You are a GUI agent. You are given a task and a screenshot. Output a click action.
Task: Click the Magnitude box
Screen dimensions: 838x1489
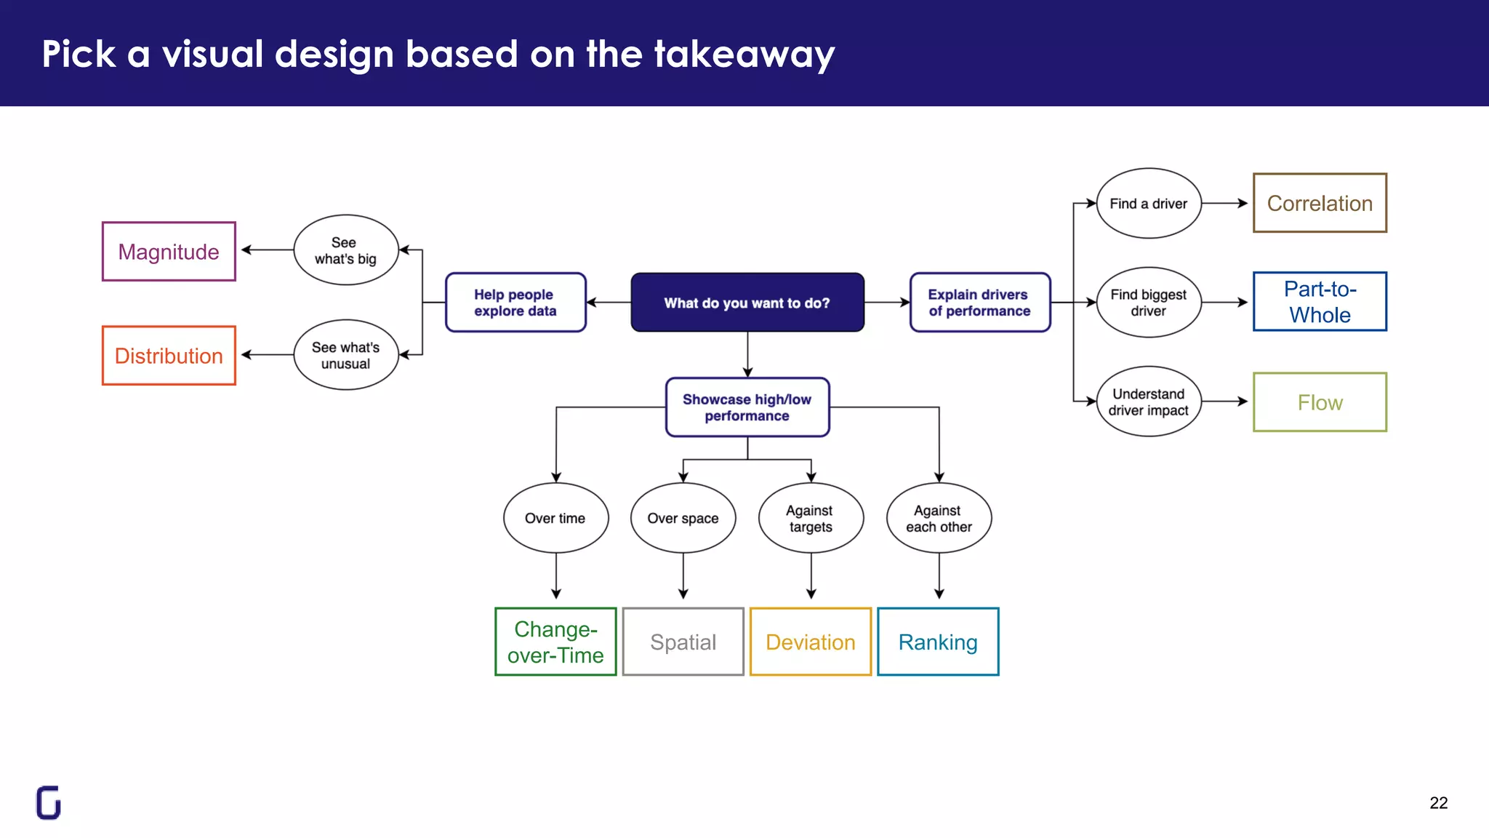(x=169, y=252)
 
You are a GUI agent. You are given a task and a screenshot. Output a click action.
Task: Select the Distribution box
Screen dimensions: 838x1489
(x=169, y=356)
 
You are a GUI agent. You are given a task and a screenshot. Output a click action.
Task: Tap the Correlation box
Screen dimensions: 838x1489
(x=1320, y=204)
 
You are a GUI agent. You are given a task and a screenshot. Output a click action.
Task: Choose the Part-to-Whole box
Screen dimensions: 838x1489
(x=1320, y=302)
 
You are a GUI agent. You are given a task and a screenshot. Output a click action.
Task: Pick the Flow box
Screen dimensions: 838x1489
(x=1320, y=402)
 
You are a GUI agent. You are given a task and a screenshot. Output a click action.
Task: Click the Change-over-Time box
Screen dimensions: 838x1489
(x=555, y=642)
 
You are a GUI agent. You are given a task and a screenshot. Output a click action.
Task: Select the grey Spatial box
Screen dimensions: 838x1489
(x=683, y=642)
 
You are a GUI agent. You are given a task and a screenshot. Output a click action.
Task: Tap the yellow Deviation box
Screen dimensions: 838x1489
(x=811, y=642)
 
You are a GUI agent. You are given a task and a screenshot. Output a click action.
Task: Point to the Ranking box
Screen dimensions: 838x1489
(x=938, y=642)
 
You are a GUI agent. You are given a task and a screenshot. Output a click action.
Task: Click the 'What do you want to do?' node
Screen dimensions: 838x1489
(x=747, y=303)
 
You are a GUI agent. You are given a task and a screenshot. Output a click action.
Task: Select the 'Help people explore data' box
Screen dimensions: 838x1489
(x=515, y=303)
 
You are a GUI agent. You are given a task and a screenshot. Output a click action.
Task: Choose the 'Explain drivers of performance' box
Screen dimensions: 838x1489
(x=979, y=303)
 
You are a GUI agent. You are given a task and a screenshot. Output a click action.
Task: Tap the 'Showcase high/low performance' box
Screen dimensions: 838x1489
(x=747, y=407)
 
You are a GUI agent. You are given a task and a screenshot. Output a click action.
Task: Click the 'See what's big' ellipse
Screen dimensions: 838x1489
(x=346, y=250)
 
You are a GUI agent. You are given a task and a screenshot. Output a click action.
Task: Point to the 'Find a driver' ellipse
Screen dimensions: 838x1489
(x=1148, y=204)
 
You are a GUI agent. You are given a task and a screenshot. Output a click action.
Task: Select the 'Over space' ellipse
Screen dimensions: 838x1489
(x=683, y=518)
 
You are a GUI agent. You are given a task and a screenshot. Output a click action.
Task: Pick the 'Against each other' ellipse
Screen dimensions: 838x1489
(x=939, y=518)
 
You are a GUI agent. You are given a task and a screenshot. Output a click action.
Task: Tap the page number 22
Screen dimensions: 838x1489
(x=1438, y=803)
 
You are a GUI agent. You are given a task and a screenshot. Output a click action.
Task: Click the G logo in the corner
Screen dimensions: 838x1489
(x=49, y=802)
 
